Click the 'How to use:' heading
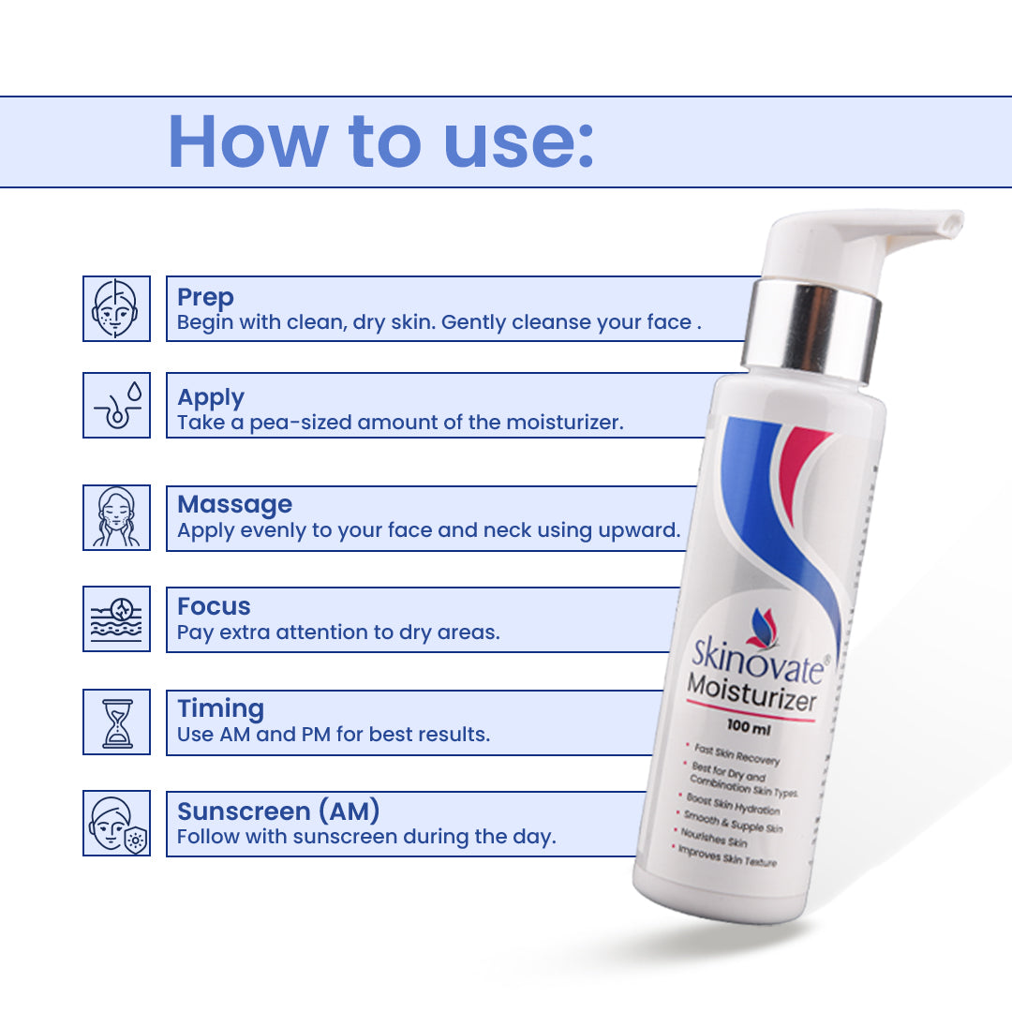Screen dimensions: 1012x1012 pyautogui.click(x=380, y=142)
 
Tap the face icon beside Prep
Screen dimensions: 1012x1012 pyautogui.click(x=116, y=308)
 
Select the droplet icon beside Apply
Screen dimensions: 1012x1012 pyautogui.click(x=116, y=406)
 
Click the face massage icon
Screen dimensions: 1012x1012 pyautogui.click(x=116, y=517)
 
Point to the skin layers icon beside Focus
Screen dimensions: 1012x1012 pyautogui.click(x=116, y=619)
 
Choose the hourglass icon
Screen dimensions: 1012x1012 pyautogui.click(x=116, y=722)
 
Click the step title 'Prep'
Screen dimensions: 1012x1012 pyautogui.click(x=205, y=298)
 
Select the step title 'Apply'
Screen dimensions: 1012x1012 pyautogui.click(x=211, y=397)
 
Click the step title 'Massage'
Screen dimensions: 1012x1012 pyautogui.click(x=235, y=504)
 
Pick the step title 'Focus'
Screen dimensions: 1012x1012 pyautogui.click(x=214, y=606)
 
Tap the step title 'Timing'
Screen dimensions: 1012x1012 pyautogui.click(x=221, y=708)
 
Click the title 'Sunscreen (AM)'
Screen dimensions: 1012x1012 pyautogui.click(x=278, y=811)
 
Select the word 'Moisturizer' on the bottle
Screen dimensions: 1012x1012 pyautogui.click(x=752, y=692)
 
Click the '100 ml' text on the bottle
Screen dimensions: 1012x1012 pyautogui.click(x=749, y=727)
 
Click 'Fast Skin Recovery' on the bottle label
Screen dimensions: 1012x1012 pyautogui.click(x=737, y=753)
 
